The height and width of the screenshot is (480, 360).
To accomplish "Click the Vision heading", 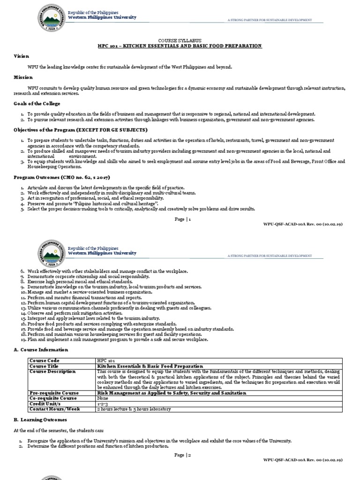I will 21,56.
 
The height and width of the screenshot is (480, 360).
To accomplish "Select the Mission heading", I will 23,77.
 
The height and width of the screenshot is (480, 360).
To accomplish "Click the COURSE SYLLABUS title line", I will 180,41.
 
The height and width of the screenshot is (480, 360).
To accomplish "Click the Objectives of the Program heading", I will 80,129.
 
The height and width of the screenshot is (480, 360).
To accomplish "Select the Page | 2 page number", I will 182,455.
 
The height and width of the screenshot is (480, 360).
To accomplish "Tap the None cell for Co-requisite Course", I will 102,398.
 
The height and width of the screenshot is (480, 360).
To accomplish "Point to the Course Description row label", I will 52,371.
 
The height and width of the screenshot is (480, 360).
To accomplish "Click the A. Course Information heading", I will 41,350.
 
